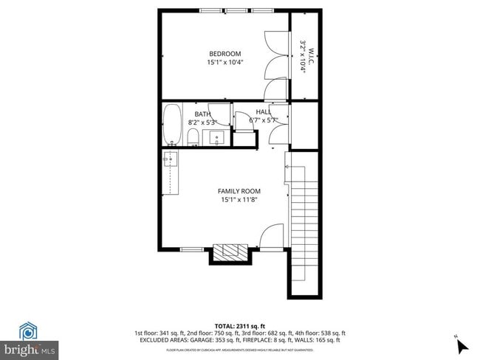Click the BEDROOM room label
click(224, 53)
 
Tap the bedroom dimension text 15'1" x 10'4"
click(224, 63)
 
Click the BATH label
click(202, 113)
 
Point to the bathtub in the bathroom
click(172, 125)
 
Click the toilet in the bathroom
click(192, 136)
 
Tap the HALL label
click(263, 112)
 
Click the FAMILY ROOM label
click(239, 191)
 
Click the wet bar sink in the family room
click(171, 158)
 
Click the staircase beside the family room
click(304, 221)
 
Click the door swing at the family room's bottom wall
click(272, 236)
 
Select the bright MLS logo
click(30, 347)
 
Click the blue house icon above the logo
click(29, 330)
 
